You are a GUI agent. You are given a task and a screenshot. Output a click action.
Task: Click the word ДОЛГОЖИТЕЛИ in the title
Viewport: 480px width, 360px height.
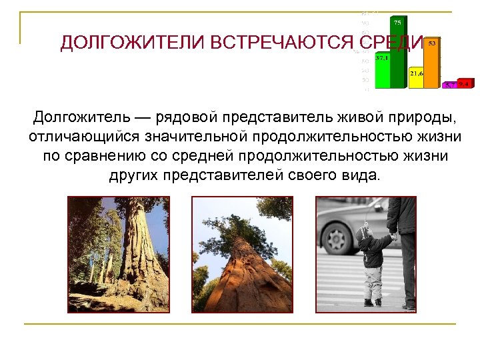tap(132, 43)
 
